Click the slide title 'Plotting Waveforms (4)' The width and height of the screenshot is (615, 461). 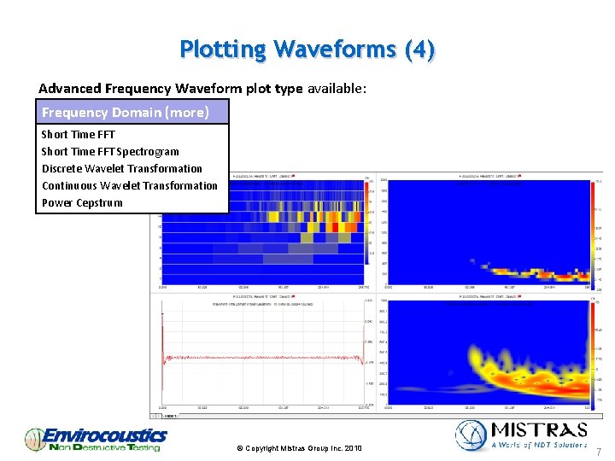pyautogui.click(x=307, y=50)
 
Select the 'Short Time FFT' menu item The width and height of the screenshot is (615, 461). pyautogui.click(x=78, y=134)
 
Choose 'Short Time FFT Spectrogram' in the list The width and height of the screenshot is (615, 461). pyautogui.click(x=110, y=151)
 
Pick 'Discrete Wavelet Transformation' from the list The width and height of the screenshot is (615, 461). pyautogui.click(x=122, y=168)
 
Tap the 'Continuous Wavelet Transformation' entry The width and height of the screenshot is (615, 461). pyautogui.click(x=130, y=185)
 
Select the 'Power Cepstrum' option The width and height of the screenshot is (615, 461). pyautogui.click(x=82, y=202)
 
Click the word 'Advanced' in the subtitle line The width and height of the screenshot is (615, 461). pyautogui.click(x=69, y=88)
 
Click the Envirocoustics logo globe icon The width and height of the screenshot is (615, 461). pyautogui.click(x=35, y=439)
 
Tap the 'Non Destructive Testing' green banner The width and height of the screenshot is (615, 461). pyautogui.click(x=104, y=447)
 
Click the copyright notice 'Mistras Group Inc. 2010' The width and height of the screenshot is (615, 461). pyautogui.click(x=298, y=448)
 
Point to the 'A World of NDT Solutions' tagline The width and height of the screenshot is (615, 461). pyautogui.click(x=539, y=444)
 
